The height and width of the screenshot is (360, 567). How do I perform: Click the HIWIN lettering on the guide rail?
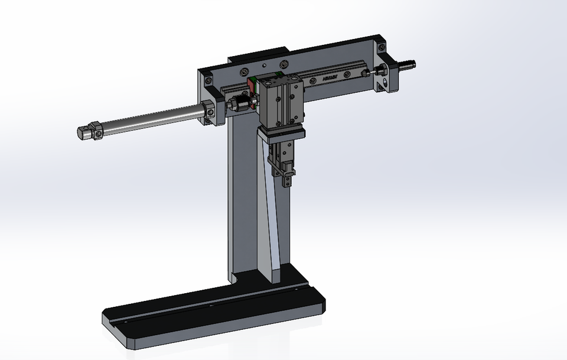[330, 77]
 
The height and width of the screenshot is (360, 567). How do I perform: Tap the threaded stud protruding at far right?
[407, 61]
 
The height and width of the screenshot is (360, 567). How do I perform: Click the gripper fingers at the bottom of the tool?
[287, 177]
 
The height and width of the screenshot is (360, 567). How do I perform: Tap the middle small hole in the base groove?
[211, 306]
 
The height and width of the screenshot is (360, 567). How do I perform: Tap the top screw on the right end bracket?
[381, 44]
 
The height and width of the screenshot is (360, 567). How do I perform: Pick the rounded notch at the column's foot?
[236, 277]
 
